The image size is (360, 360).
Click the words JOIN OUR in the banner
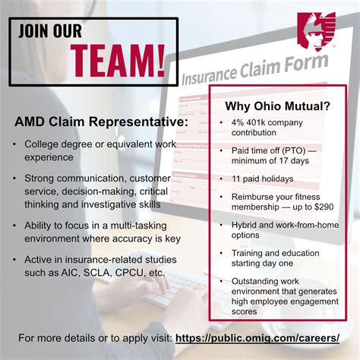pyautogui.click(x=51, y=33)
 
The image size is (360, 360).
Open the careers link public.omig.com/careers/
pyautogui.click(x=257, y=337)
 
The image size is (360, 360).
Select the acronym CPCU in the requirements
pyautogui.click(x=133, y=272)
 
